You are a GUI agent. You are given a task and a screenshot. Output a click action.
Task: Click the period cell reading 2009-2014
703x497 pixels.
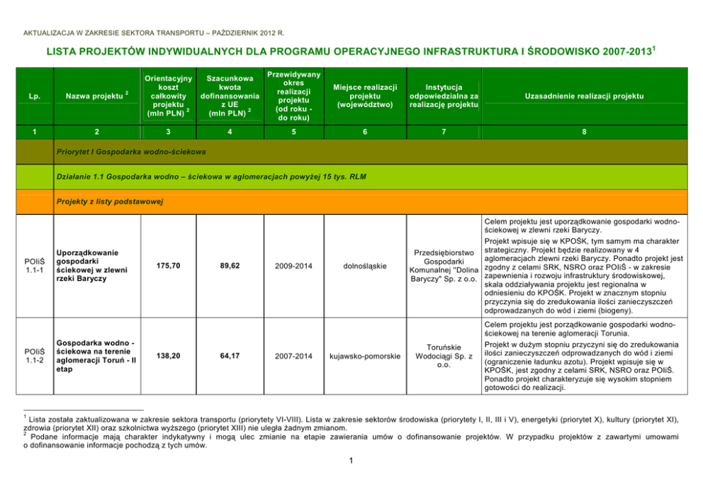[293, 266]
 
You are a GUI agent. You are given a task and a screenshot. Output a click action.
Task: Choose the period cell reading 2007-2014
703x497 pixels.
[293, 355]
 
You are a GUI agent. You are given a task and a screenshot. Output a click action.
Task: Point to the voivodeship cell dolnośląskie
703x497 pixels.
[364, 266]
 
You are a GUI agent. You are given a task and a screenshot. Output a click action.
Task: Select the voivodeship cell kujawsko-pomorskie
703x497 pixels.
[364, 355]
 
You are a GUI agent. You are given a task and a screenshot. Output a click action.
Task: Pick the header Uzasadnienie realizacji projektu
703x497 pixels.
[583, 96]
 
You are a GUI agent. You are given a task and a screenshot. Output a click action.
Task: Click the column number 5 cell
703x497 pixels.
[293, 131]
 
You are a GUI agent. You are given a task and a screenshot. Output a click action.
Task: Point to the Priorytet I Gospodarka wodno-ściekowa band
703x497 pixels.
[130, 152]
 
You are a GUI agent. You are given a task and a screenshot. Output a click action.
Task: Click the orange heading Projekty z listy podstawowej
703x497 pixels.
[109, 202]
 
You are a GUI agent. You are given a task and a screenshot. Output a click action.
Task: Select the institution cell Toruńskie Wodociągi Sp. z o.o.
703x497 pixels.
[444, 356]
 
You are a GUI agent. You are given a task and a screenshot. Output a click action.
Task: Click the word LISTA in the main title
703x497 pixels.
[62, 52]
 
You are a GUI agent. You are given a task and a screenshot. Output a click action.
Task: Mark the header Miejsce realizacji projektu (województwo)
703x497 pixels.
[364, 96]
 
